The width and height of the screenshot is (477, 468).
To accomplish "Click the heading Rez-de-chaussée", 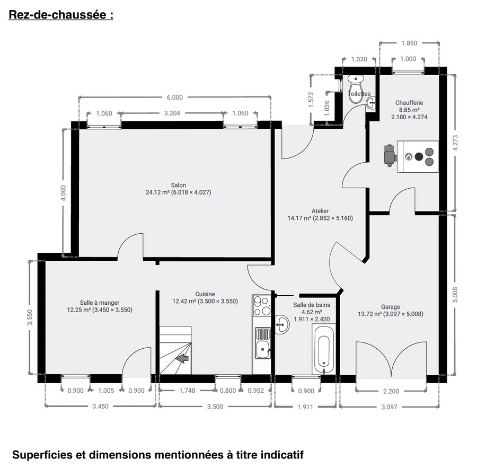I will [x=61, y=15].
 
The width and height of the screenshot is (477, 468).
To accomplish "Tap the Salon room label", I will [x=178, y=185].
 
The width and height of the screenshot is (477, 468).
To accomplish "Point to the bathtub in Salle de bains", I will [x=323, y=350].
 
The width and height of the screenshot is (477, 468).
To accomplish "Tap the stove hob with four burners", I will [x=261, y=305].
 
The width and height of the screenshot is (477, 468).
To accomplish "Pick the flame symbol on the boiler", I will [x=409, y=157].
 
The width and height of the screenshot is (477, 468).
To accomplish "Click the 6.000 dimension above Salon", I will [x=174, y=97].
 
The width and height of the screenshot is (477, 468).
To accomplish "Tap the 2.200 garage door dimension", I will [x=391, y=391].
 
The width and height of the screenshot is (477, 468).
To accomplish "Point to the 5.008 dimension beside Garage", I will [x=454, y=295].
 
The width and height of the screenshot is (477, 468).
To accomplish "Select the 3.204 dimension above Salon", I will [x=173, y=113].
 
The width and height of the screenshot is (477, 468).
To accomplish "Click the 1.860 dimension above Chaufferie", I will [x=409, y=43].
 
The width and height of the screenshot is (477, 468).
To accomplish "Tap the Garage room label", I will [x=390, y=306].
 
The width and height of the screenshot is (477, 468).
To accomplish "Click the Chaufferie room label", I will [x=409, y=103].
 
